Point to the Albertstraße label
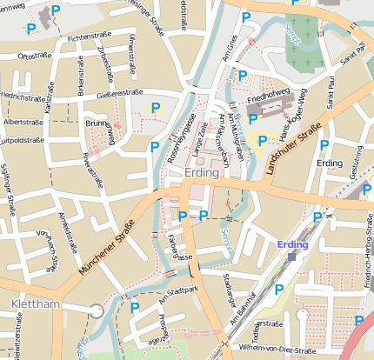(x=24, y=123)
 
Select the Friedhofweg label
(x=267, y=100)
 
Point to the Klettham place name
(x=37, y=304)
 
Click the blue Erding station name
(x=293, y=245)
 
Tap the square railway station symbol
(x=292, y=257)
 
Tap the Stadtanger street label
(x=230, y=291)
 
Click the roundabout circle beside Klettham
(x=96, y=310)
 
